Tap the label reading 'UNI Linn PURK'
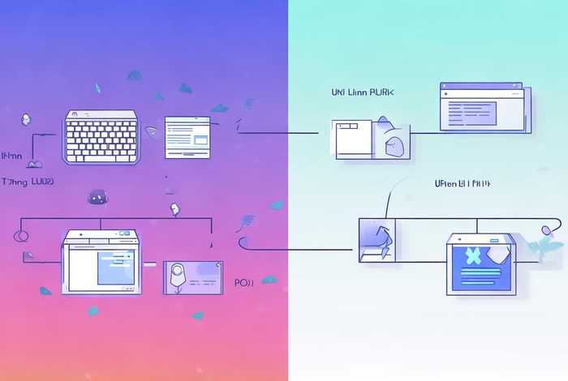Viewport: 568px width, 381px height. click(x=362, y=94)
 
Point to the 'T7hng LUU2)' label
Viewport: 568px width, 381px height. click(x=28, y=183)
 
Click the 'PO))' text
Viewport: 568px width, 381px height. click(x=244, y=285)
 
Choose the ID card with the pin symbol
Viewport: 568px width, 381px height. click(x=193, y=279)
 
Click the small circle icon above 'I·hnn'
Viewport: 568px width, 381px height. click(x=25, y=119)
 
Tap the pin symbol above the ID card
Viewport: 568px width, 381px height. click(x=174, y=209)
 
